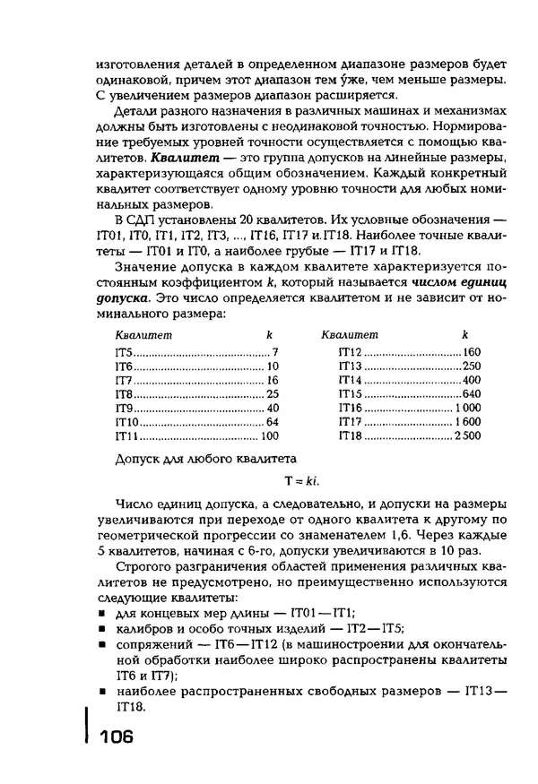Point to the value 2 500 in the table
click(x=467, y=436)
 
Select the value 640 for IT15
click(x=472, y=393)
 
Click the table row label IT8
click(x=123, y=393)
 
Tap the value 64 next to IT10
click(x=273, y=422)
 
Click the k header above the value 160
click(x=464, y=334)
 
